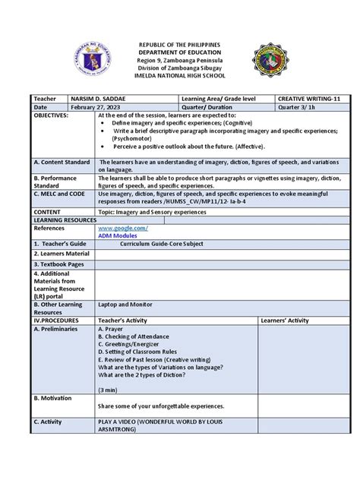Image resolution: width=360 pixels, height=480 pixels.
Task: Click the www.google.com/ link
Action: [x=122, y=228]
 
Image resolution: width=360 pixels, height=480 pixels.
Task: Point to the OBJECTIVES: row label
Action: [x=51, y=116]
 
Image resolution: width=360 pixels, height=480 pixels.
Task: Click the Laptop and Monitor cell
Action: [x=127, y=304]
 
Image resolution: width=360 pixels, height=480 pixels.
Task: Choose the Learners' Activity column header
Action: [x=284, y=321]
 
